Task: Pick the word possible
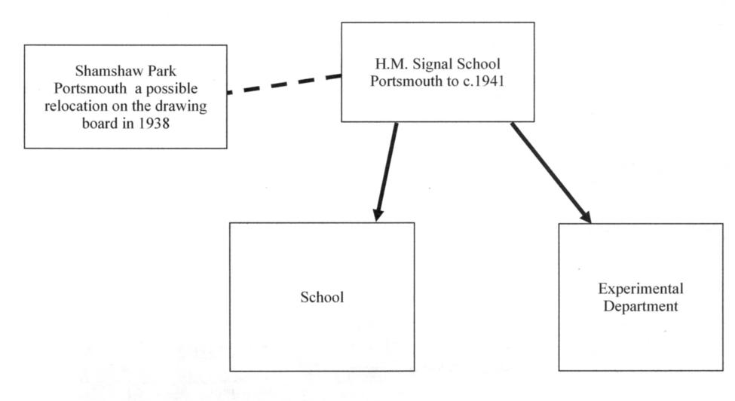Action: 172,89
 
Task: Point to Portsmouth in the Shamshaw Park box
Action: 90,88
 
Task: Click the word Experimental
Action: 640,289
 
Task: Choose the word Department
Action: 640,306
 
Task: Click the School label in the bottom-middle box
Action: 322,297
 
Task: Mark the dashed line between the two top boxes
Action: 284,84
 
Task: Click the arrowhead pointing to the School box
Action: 378,215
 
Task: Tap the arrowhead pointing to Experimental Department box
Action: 586,217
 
